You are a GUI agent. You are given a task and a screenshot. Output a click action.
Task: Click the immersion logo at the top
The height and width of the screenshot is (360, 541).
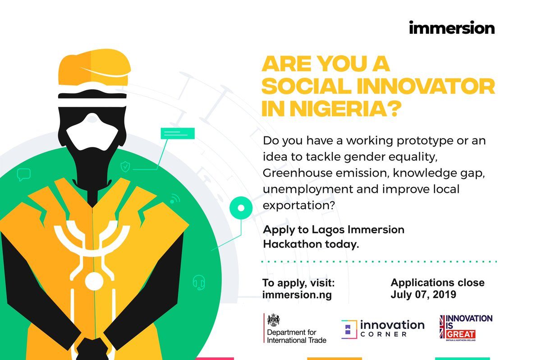coord(452,27)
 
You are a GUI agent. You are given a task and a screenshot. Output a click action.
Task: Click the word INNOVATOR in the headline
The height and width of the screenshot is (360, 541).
coord(426,86)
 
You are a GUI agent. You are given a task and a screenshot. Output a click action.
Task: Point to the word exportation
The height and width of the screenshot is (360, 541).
coord(299,205)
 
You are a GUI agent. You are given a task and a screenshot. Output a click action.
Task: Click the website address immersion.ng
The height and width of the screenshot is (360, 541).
coord(297,295)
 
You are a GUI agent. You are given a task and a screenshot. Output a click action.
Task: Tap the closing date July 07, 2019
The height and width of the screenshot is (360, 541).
coord(423,294)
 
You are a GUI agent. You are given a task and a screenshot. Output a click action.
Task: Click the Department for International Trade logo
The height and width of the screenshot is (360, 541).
coord(295,328)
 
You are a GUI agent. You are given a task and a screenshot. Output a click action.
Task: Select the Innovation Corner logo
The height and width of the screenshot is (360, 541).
coord(383,328)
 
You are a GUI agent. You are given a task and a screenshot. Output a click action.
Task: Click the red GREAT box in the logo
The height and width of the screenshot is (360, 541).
coord(460,334)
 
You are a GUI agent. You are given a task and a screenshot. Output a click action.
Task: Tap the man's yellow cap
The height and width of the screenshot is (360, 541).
coord(94,67)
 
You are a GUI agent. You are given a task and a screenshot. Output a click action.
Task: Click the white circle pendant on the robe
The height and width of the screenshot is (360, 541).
coord(94,281)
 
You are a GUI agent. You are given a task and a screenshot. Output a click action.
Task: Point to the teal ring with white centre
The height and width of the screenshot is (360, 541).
coord(241,208)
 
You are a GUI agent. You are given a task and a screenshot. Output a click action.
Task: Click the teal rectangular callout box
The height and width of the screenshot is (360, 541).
coord(178,133)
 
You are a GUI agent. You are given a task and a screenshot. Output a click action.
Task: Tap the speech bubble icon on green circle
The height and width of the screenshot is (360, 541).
coord(23,174)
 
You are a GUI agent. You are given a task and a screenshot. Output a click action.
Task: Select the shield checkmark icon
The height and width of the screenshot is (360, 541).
coord(125,167)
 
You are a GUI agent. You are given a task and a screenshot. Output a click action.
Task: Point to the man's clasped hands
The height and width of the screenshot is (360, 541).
coord(92,349)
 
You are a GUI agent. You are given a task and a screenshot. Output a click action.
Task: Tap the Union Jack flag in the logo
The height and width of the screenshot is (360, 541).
coord(442,327)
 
